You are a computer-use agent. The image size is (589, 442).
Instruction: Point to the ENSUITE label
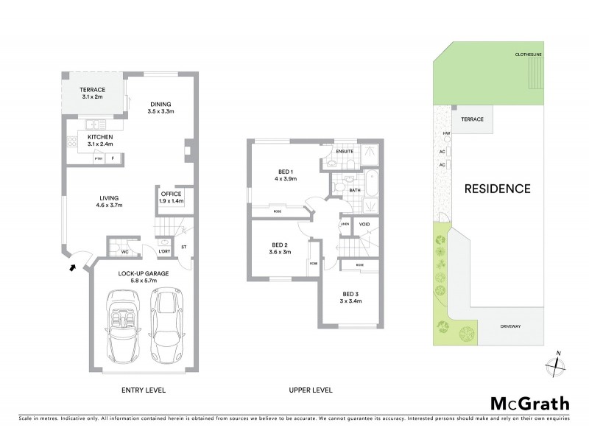(x=345, y=152)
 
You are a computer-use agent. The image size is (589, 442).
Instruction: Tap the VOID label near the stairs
(x=364, y=223)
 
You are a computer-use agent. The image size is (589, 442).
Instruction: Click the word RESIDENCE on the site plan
(x=497, y=189)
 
